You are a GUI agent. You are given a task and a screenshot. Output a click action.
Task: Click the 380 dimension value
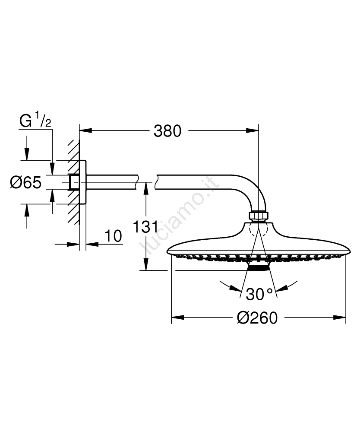pyautogui.click(x=167, y=131)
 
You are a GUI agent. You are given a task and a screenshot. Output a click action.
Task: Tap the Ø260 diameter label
pyautogui.click(x=257, y=318)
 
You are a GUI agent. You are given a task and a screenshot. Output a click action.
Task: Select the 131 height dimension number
pyautogui.click(x=145, y=227)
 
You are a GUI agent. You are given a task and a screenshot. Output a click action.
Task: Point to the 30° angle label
pyautogui.click(x=259, y=294)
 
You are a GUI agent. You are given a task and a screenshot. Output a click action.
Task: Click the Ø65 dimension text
pyautogui.click(x=25, y=182)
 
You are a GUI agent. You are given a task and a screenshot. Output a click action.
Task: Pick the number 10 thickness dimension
pyautogui.click(x=113, y=236)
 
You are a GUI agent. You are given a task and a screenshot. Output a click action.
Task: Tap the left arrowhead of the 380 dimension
pyautogui.click(x=85, y=130)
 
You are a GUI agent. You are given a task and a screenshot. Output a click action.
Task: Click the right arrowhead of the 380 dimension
pyautogui.click(x=253, y=130)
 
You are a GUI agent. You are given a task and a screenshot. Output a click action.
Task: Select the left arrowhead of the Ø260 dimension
pyautogui.click(x=177, y=318)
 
